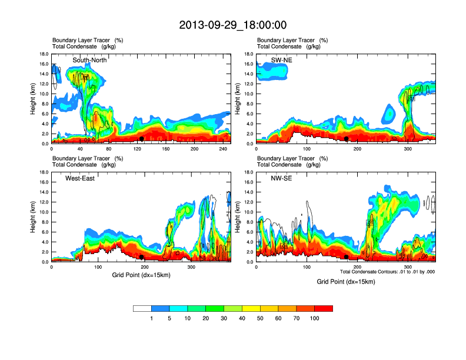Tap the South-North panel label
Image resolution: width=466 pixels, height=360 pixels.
click(x=89, y=60)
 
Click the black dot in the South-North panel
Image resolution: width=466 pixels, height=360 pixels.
click(x=141, y=139)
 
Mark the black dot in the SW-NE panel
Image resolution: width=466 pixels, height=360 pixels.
click(x=347, y=139)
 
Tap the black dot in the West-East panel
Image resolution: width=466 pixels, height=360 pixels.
click(x=141, y=257)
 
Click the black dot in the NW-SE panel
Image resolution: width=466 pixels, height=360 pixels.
click(x=347, y=257)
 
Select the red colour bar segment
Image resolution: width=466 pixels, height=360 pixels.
click(x=324, y=308)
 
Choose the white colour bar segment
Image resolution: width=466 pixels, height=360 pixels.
click(x=142, y=308)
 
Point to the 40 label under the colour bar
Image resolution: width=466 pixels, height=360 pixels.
click(x=242, y=318)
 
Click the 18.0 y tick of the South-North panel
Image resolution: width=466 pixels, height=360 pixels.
click(x=44, y=54)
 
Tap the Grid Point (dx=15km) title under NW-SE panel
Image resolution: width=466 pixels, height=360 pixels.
click(x=345, y=282)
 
